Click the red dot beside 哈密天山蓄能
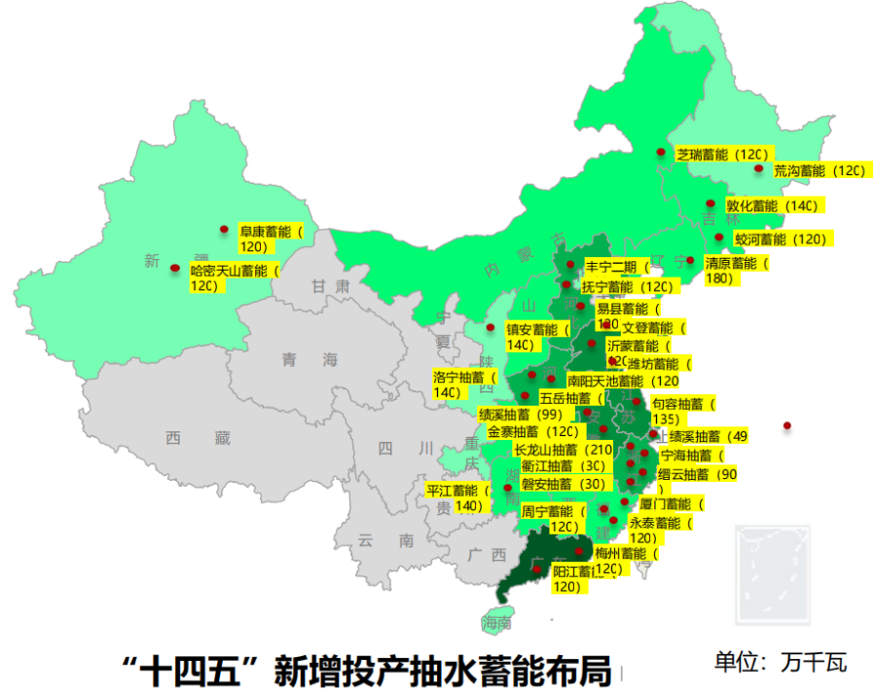click(x=175, y=268)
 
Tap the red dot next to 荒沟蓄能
click(x=758, y=168)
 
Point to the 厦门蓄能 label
click(x=672, y=504)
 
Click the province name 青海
click(x=310, y=360)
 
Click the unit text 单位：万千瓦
click(x=781, y=663)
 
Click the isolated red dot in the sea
click(x=787, y=424)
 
